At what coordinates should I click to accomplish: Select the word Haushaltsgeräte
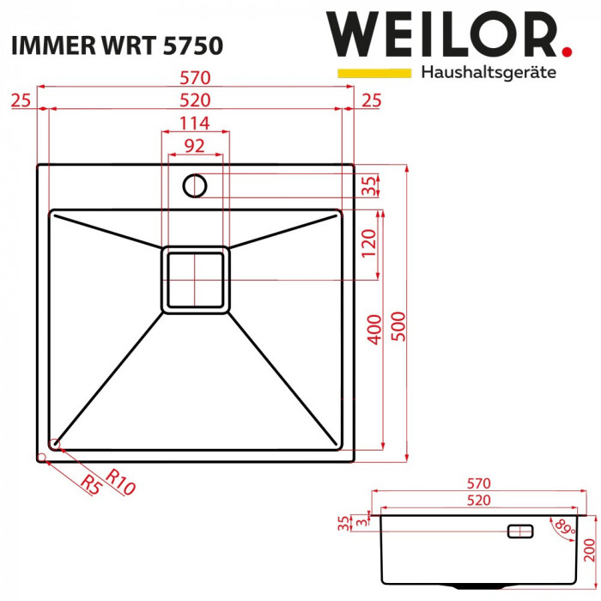point(489,73)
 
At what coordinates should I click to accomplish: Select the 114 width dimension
point(196,123)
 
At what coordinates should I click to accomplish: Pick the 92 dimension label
point(195,146)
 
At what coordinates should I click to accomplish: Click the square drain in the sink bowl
point(196,280)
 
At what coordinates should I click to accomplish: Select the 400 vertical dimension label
point(373,329)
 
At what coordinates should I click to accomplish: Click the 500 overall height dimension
point(398,325)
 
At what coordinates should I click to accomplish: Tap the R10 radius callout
point(121,483)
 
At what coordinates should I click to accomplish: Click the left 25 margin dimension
point(21,101)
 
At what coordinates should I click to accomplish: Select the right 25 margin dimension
point(372,101)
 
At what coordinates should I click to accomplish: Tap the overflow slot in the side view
point(521,531)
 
